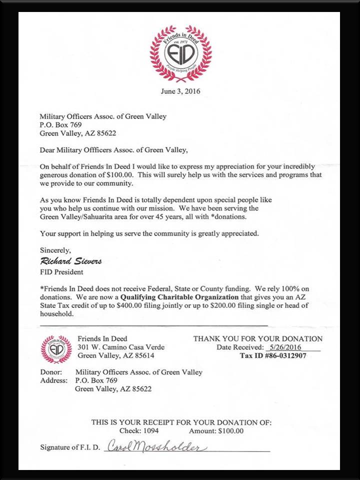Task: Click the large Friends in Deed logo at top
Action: (180, 53)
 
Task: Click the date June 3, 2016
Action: (179, 91)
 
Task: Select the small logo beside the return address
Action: (56, 348)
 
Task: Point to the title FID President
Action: (61, 272)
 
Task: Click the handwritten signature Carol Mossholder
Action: (155, 446)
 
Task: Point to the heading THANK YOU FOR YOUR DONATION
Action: (257, 338)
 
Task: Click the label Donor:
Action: (50, 372)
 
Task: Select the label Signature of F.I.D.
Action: (70, 447)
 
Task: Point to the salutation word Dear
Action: (48, 149)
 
